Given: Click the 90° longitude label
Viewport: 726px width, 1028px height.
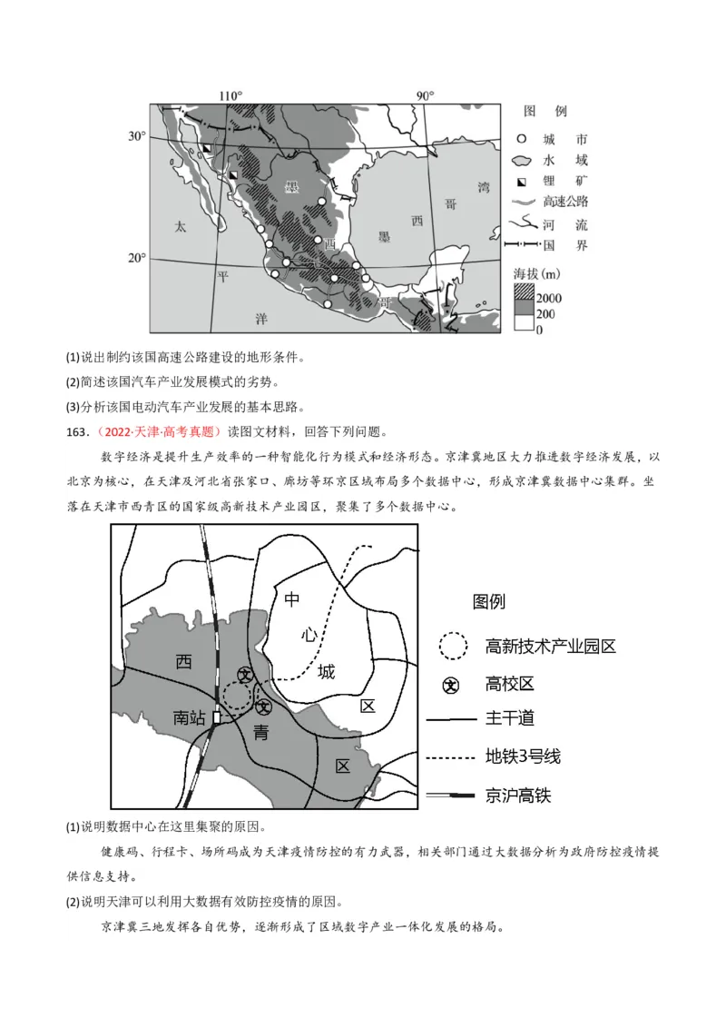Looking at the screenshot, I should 425,96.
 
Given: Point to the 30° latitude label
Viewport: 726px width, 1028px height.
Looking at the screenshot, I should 135,136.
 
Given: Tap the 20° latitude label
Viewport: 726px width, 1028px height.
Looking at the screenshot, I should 135,258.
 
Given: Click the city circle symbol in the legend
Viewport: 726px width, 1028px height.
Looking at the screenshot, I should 522,140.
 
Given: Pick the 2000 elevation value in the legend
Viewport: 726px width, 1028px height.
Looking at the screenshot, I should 548,298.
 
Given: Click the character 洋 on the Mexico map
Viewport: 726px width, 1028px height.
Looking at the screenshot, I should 261,318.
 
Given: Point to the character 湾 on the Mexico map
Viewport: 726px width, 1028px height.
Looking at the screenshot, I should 483,188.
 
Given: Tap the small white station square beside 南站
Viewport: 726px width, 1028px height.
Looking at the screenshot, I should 216,717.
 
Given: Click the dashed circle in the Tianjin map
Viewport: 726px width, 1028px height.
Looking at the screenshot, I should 237,697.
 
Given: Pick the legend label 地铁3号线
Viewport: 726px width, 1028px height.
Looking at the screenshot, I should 524,756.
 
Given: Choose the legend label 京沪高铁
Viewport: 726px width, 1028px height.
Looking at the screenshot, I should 518,796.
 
